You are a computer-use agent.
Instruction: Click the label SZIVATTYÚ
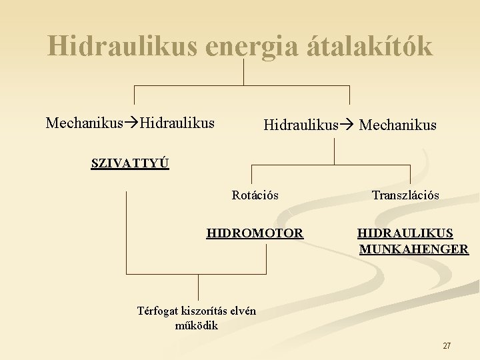pos(130,163)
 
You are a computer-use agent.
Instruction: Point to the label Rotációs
pos(255,195)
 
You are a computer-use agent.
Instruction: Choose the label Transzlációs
pos(405,195)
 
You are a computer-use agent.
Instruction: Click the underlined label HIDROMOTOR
pos(255,233)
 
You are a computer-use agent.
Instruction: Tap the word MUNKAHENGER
pos(414,249)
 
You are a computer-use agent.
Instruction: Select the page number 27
pos(447,346)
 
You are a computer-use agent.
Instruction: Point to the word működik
pos(196,326)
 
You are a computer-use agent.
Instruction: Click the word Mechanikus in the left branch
pos(85,123)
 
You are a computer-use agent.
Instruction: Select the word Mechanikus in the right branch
pos(398,125)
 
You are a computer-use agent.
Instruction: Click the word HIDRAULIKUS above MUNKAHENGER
pos(405,233)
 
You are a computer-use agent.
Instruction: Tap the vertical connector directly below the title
pos(244,71)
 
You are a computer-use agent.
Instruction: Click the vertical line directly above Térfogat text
pos(199,287)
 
